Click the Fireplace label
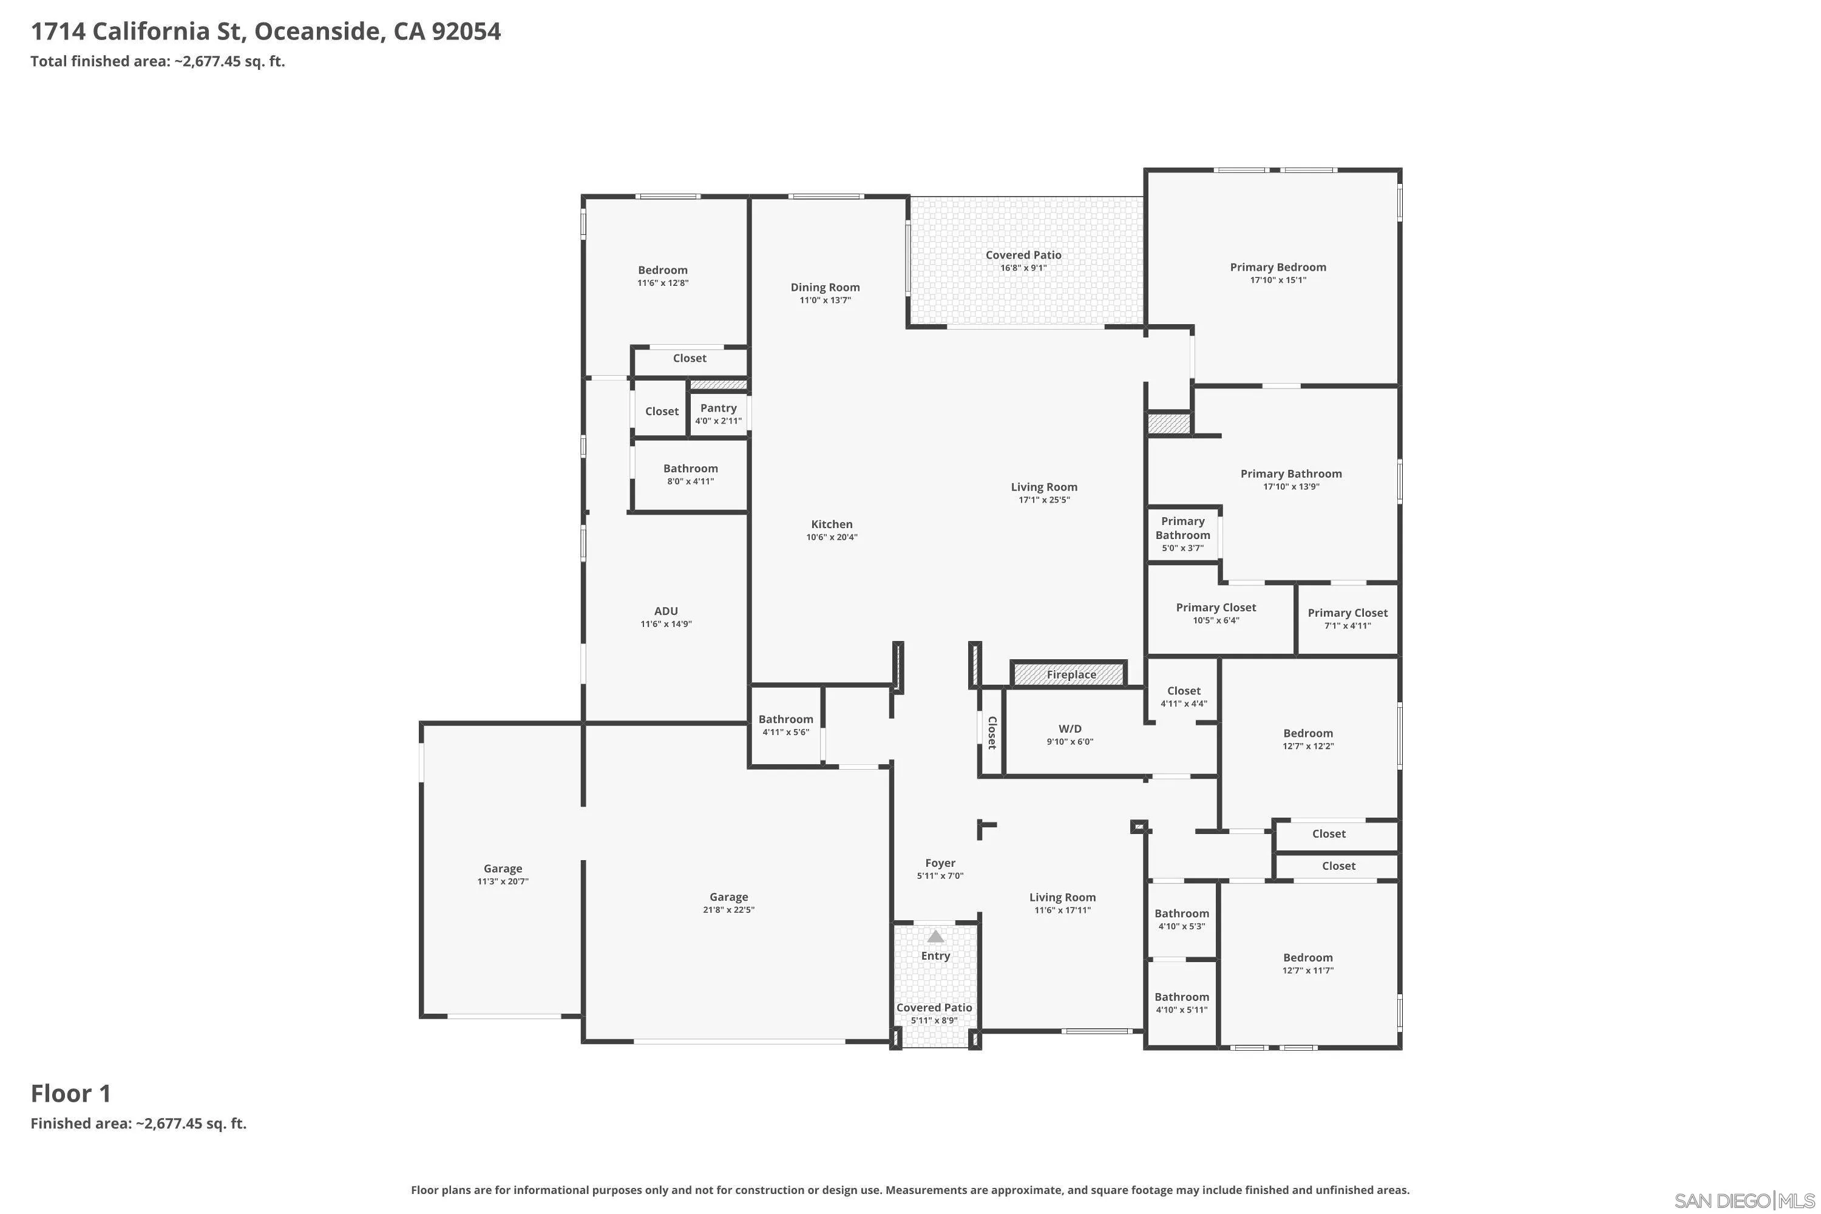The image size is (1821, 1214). (1071, 674)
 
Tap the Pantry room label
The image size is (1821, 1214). (719, 408)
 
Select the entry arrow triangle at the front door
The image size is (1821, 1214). (936, 936)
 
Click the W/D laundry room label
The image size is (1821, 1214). (1070, 728)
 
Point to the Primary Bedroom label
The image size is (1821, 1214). (1278, 267)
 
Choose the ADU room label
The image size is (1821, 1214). (666, 611)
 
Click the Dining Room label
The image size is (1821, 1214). (826, 287)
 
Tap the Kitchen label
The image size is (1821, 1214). (832, 524)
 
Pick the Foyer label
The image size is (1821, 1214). (940, 863)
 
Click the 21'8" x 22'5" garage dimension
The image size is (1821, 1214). (728, 910)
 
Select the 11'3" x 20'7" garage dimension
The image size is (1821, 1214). (503, 881)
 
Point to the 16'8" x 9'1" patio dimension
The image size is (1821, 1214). (1023, 268)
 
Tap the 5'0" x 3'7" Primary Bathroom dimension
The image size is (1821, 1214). (1183, 548)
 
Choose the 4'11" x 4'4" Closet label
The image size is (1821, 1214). (1184, 697)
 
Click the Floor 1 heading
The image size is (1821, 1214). (71, 1093)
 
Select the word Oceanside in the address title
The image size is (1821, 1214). (317, 32)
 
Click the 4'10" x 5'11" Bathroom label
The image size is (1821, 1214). (1181, 1003)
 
